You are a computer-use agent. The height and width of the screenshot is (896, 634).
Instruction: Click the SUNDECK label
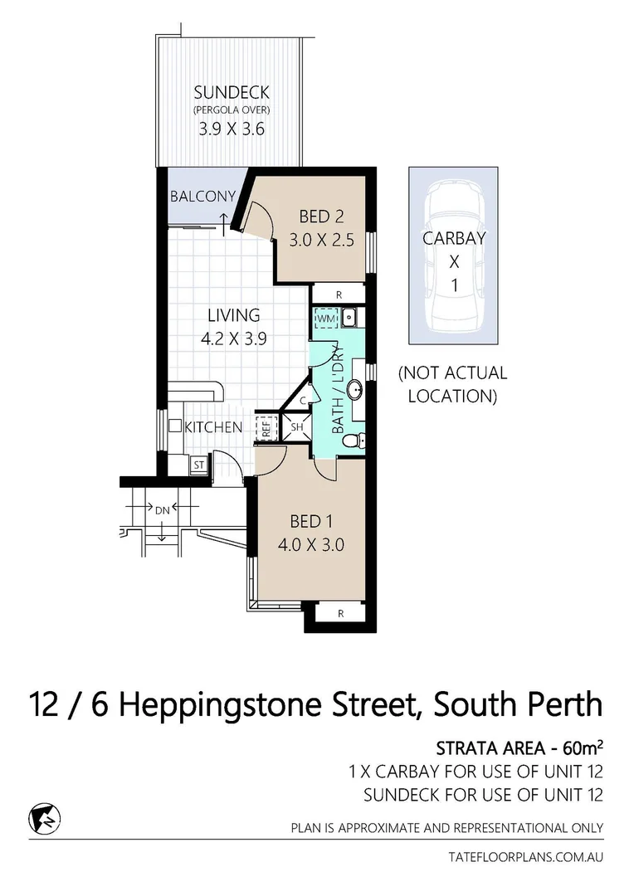[232, 92]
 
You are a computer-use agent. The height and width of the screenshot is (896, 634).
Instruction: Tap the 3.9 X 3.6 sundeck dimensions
[232, 129]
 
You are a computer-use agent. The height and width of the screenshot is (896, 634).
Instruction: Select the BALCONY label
[202, 197]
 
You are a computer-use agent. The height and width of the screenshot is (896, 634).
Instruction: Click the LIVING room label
[233, 315]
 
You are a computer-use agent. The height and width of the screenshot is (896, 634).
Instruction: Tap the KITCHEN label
[213, 427]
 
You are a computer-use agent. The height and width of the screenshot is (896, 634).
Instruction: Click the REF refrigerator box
[266, 428]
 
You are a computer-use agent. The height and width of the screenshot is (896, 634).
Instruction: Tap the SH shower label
[296, 428]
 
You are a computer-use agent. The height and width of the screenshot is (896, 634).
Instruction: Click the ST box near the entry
[199, 465]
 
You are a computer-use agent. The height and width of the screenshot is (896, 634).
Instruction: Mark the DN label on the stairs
[161, 509]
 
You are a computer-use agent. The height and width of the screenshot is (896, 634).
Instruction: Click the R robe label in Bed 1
[340, 614]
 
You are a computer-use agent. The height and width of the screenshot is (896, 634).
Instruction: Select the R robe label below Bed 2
[339, 295]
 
